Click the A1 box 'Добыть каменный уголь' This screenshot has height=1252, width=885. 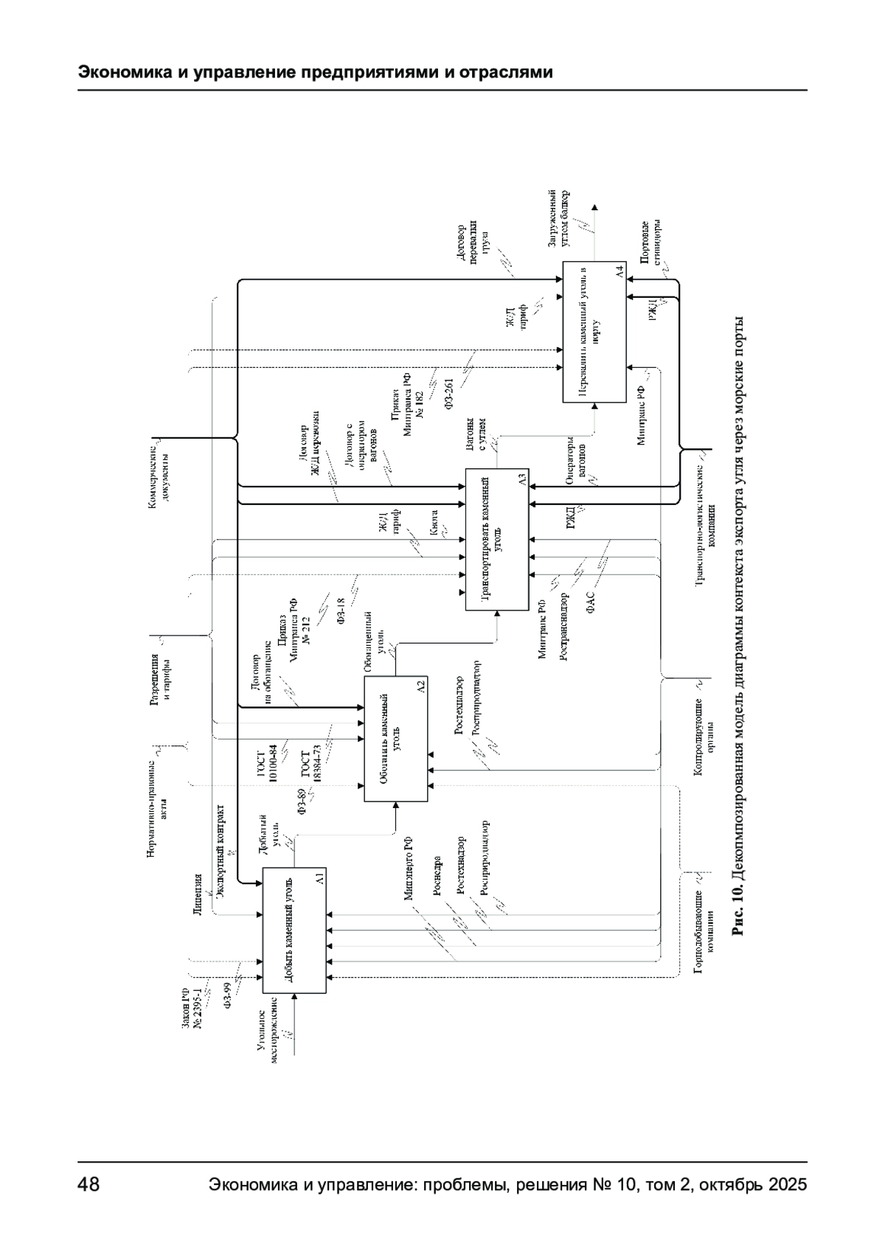coord(294,931)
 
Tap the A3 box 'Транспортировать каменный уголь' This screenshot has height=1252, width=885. coord(498,539)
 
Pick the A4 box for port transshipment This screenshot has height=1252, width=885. coord(594,332)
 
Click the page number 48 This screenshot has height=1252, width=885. coord(89,1185)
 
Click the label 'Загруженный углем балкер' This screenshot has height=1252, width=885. coord(558,219)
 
